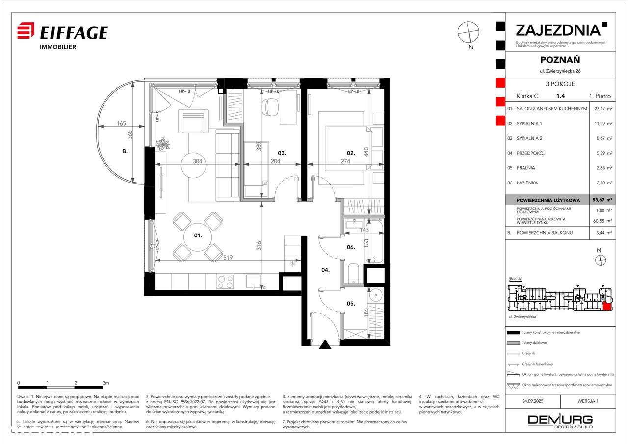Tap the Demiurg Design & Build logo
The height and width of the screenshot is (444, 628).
560,421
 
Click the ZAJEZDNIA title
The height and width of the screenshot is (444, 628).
558,30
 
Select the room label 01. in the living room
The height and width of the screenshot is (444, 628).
198,235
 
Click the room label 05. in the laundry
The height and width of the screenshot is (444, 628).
351,304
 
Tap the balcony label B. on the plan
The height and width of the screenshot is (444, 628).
125,152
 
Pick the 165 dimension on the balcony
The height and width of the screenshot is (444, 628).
122,124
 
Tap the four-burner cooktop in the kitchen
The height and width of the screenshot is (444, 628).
225,282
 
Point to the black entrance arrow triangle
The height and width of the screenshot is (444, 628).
324,345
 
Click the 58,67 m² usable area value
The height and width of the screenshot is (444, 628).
600,200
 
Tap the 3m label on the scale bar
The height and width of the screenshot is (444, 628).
105,382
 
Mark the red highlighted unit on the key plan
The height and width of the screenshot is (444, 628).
607,307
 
